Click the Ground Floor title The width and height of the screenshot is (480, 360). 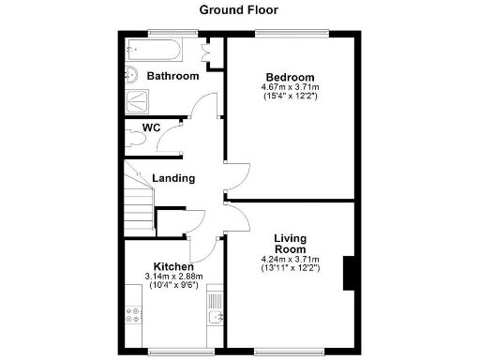[238, 10]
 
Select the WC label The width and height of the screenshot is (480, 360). [152, 127]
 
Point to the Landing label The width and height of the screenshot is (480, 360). [173, 178]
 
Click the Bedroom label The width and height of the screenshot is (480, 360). [290, 77]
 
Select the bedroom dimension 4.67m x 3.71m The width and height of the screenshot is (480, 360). [290, 88]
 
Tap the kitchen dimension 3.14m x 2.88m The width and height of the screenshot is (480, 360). [173, 277]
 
